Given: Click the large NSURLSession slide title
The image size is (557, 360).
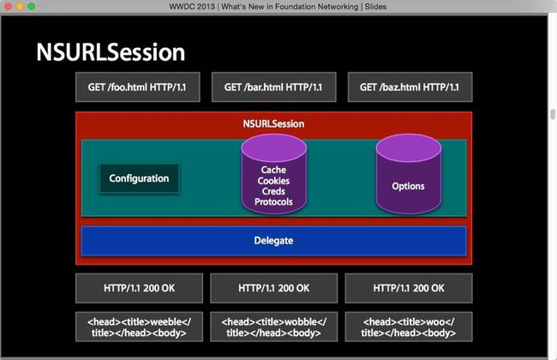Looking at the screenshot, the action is [111, 52].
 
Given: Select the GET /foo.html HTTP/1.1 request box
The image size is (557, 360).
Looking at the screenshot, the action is [137, 87].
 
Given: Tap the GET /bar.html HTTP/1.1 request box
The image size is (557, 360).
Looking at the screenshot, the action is [273, 87].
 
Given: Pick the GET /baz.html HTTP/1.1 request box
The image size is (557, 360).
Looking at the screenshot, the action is [410, 87].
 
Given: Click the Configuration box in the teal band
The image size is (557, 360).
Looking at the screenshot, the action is [139, 178].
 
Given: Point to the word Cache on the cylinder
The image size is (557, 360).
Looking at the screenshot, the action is [273, 170].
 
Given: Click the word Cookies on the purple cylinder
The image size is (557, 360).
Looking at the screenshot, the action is [273, 181].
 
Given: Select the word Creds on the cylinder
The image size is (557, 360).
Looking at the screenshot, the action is [273, 191].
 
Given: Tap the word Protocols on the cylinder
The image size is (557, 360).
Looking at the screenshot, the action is [273, 201].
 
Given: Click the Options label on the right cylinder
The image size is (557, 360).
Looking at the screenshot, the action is [408, 186].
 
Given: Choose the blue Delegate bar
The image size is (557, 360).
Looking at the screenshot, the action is [273, 241].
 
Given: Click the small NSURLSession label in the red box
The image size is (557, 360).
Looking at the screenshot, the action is [273, 124].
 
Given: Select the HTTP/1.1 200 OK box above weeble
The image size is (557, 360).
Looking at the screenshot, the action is [139, 288].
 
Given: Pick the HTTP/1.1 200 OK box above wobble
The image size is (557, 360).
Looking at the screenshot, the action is [273, 288].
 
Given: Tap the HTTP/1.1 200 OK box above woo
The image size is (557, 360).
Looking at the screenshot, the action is [409, 288].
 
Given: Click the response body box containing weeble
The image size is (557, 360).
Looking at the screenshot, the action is [139, 327].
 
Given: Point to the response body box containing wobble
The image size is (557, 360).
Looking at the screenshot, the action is [273, 327].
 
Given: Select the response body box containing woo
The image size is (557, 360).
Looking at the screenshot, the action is [409, 327].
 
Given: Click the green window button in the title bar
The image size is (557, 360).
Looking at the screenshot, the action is [31, 6].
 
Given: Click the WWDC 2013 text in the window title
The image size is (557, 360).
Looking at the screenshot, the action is [192, 7].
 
